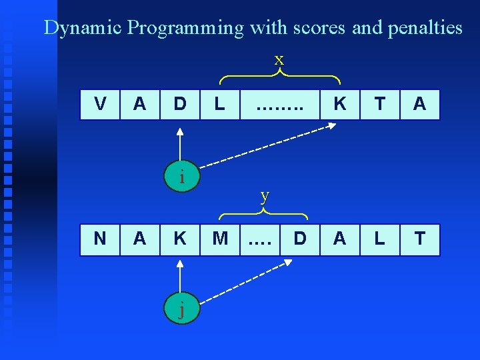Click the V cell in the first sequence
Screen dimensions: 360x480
point(100,104)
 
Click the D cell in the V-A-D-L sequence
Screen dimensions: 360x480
point(180,104)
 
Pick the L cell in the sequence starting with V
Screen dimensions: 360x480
point(220,104)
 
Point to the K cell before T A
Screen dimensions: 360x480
point(340,104)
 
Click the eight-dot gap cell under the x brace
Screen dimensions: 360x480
point(280,104)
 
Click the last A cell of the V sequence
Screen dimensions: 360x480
point(420,104)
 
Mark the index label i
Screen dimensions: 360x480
point(181,177)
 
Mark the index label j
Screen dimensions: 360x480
point(181,311)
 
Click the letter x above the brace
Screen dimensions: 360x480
point(279,59)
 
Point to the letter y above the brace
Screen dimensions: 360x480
point(265,195)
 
